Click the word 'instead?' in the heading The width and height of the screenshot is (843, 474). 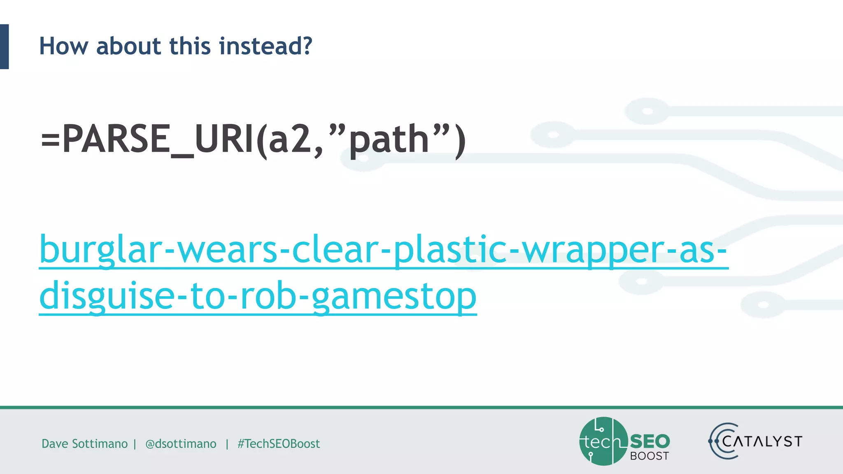click(x=265, y=46)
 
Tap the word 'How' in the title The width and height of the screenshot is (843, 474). click(x=63, y=46)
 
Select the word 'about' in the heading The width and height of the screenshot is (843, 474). click(x=128, y=46)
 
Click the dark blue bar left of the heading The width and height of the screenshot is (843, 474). click(x=4, y=46)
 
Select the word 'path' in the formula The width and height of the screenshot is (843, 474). click(x=389, y=141)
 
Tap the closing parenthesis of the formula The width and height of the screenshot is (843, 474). click(x=460, y=141)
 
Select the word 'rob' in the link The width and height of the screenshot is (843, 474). click(x=268, y=295)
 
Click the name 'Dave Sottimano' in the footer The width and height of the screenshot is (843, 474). click(x=84, y=444)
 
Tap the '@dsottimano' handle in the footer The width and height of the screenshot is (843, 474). click(x=181, y=444)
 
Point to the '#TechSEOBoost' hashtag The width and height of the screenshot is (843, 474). click(x=278, y=444)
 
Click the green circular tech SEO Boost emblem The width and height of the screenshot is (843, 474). click(x=603, y=441)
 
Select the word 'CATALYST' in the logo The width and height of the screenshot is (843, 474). click(x=762, y=441)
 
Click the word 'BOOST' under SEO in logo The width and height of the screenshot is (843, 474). click(x=650, y=456)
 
